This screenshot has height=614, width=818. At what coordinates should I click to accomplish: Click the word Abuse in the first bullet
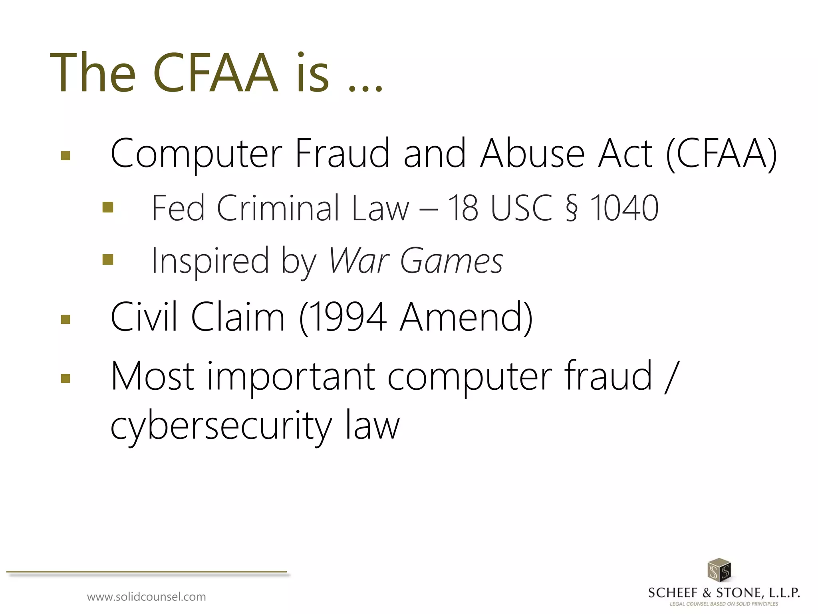pyautogui.click(x=533, y=154)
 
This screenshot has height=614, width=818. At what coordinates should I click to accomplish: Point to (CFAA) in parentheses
pyautogui.click(x=721, y=154)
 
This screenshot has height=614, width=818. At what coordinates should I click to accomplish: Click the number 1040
pyautogui.click(x=624, y=208)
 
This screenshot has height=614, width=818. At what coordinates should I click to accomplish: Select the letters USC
pyautogui.click(x=521, y=208)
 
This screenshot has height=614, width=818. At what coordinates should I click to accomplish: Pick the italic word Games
pyautogui.click(x=451, y=261)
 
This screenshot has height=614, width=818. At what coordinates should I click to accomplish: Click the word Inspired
pyautogui.click(x=210, y=261)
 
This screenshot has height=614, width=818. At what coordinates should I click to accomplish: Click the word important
pyautogui.click(x=291, y=377)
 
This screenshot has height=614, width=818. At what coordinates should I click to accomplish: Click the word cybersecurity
pyautogui.click(x=221, y=426)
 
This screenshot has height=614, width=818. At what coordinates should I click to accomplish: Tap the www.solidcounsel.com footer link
pyautogui.click(x=146, y=597)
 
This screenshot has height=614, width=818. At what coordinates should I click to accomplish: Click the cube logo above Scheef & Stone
pyautogui.click(x=719, y=570)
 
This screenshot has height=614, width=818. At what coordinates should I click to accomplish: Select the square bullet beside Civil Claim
pyautogui.click(x=66, y=319)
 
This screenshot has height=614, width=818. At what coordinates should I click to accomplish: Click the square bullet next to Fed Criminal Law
pyautogui.click(x=108, y=207)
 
